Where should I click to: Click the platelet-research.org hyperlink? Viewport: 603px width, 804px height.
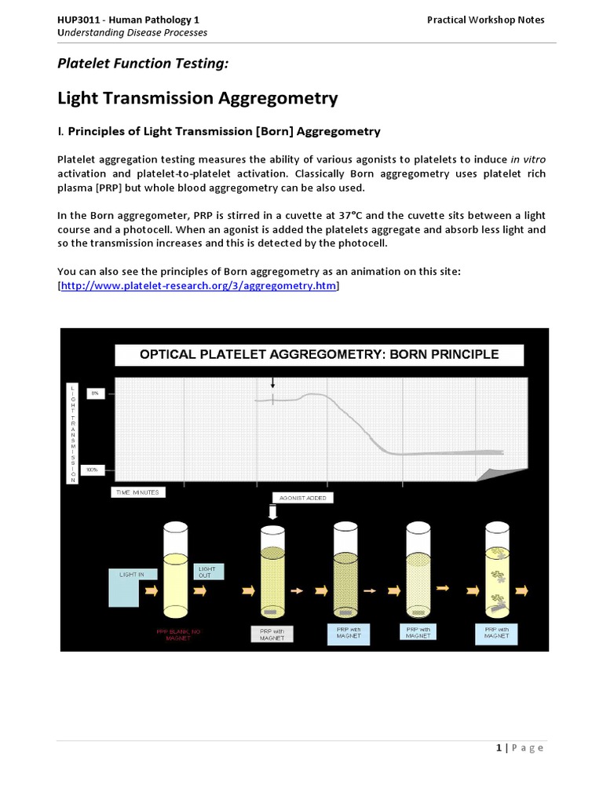pyautogui.click(x=199, y=287)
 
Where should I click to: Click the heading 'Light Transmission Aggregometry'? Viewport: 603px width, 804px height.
pyautogui.click(x=198, y=98)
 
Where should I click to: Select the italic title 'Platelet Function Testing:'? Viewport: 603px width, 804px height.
pyautogui.click(x=143, y=64)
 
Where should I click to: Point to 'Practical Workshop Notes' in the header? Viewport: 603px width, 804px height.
pyautogui.click(x=485, y=20)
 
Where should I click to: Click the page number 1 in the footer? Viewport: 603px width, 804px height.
pyautogui.click(x=499, y=747)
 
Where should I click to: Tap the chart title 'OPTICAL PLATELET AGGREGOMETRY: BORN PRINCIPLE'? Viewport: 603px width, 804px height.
pyautogui.click(x=319, y=355)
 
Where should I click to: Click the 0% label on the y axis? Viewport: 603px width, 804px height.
pyautogui.click(x=96, y=393)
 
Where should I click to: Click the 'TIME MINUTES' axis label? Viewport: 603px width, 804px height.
pyautogui.click(x=139, y=492)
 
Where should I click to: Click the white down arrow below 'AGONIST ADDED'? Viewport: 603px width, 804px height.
pyautogui.click(x=273, y=513)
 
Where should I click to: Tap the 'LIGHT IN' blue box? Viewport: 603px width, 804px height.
pyautogui.click(x=131, y=585)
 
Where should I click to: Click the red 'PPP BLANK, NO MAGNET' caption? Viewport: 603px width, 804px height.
pyautogui.click(x=177, y=634)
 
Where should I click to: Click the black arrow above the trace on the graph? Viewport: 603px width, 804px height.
pyautogui.click(x=273, y=382)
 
